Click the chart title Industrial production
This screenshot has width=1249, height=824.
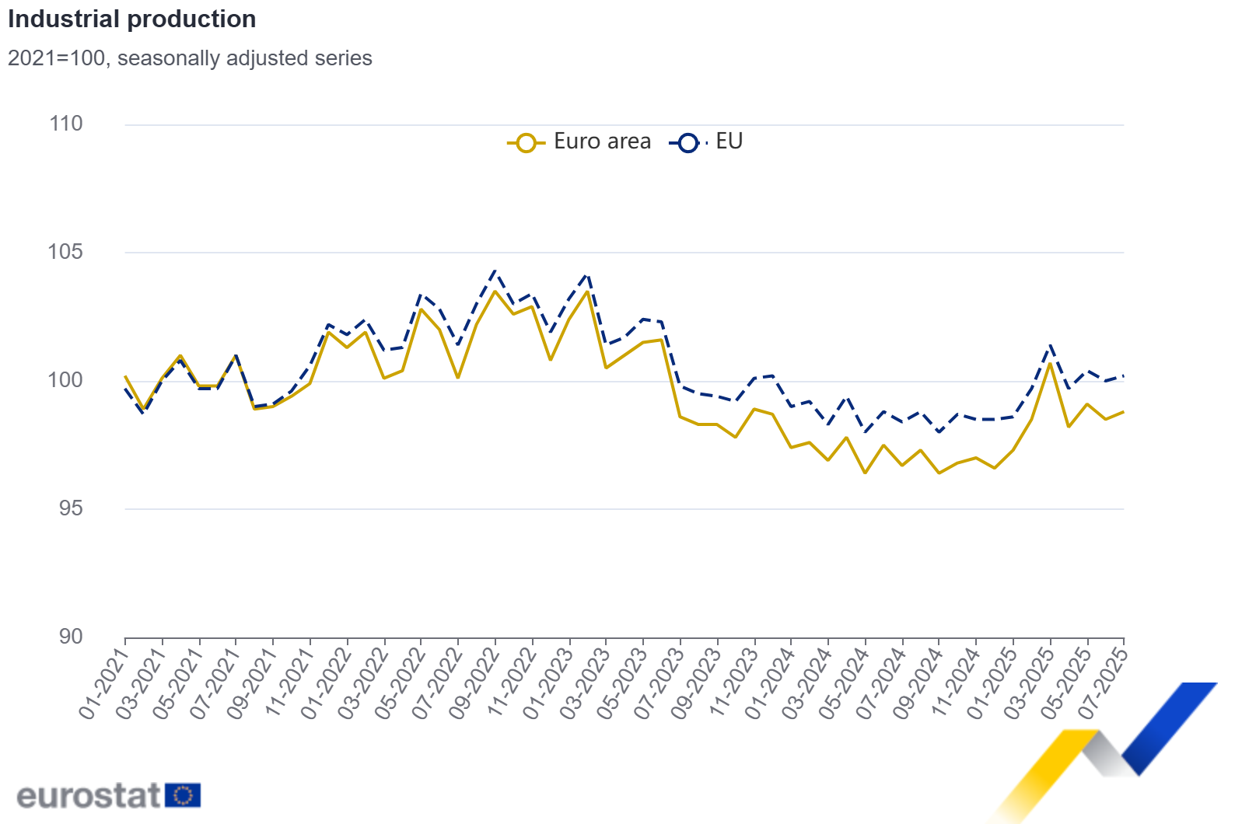click(x=132, y=19)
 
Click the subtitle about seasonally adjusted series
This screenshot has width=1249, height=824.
click(x=190, y=58)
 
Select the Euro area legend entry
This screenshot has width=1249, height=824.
click(x=579, y=141)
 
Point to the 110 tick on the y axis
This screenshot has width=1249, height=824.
click(x=66, y=124)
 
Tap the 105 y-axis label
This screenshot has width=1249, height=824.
click(x=66, y=252)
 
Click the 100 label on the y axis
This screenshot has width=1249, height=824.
click(x=66, y=380)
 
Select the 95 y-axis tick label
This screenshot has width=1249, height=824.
click(x=70, y=508)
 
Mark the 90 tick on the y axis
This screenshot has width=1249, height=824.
click(x=70, y=637)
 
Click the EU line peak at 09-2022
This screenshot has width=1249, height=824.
click(x=495, y=271)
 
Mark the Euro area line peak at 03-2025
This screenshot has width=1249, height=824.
click(x=1050, y=363)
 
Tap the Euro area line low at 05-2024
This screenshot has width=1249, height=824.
click(x=865, y=473)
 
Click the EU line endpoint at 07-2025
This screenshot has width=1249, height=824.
click(x=1124, y=376)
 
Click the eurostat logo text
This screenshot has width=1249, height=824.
click(x=88, y=795)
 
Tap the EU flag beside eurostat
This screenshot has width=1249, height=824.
click(x=183, y=795)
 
